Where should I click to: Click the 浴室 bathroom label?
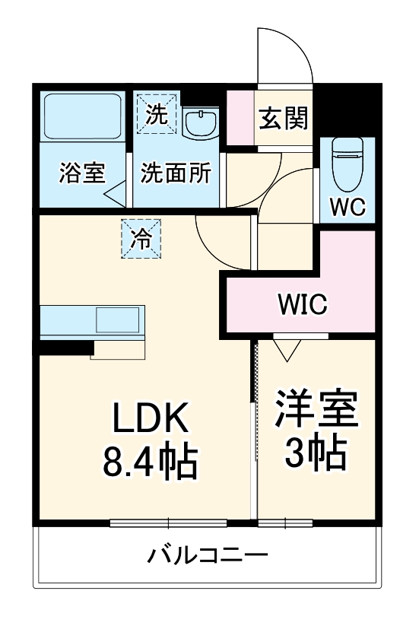point(81,173)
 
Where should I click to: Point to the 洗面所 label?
point(176,173)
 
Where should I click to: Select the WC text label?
point(348,205)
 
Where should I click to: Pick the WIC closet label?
point(302,306)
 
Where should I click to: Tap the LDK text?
point(150,418)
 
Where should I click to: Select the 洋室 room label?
point(316,412)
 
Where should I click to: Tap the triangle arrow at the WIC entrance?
point(287,350)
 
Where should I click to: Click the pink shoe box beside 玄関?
point(240,118)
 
